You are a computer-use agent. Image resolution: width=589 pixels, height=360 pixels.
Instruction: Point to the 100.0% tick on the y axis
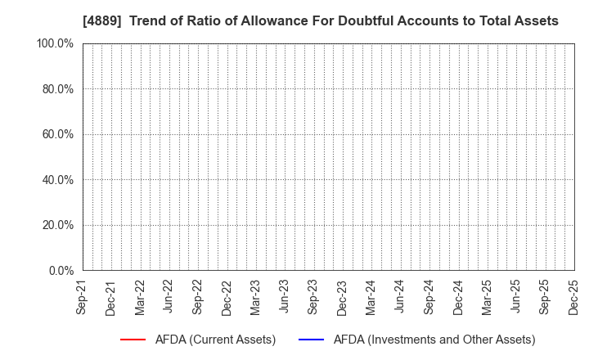click(56, 43)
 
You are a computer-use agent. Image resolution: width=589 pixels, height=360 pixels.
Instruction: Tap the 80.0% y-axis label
click(58, 88)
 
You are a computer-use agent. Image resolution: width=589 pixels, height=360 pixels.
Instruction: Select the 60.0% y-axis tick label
click(58, 134)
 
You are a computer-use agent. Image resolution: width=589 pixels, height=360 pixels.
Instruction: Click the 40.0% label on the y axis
click(58, 179)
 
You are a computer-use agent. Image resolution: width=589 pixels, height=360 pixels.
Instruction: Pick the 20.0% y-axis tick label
click(58, 225)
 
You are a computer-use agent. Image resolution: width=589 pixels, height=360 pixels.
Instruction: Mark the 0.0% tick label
click(61, 270)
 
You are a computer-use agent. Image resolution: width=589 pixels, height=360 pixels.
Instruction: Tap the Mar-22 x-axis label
click(140, 296)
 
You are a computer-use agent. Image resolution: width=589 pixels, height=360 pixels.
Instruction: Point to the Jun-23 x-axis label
click(284, 296)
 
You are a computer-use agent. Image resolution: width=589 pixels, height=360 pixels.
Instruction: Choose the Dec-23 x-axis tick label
click(342, 296)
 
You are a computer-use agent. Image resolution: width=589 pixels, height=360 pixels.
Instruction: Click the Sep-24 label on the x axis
click(429, 296)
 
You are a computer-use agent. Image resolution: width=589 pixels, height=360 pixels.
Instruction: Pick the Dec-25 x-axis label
click(573, 296)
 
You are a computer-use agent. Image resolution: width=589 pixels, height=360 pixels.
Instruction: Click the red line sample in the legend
click(133, 340)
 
